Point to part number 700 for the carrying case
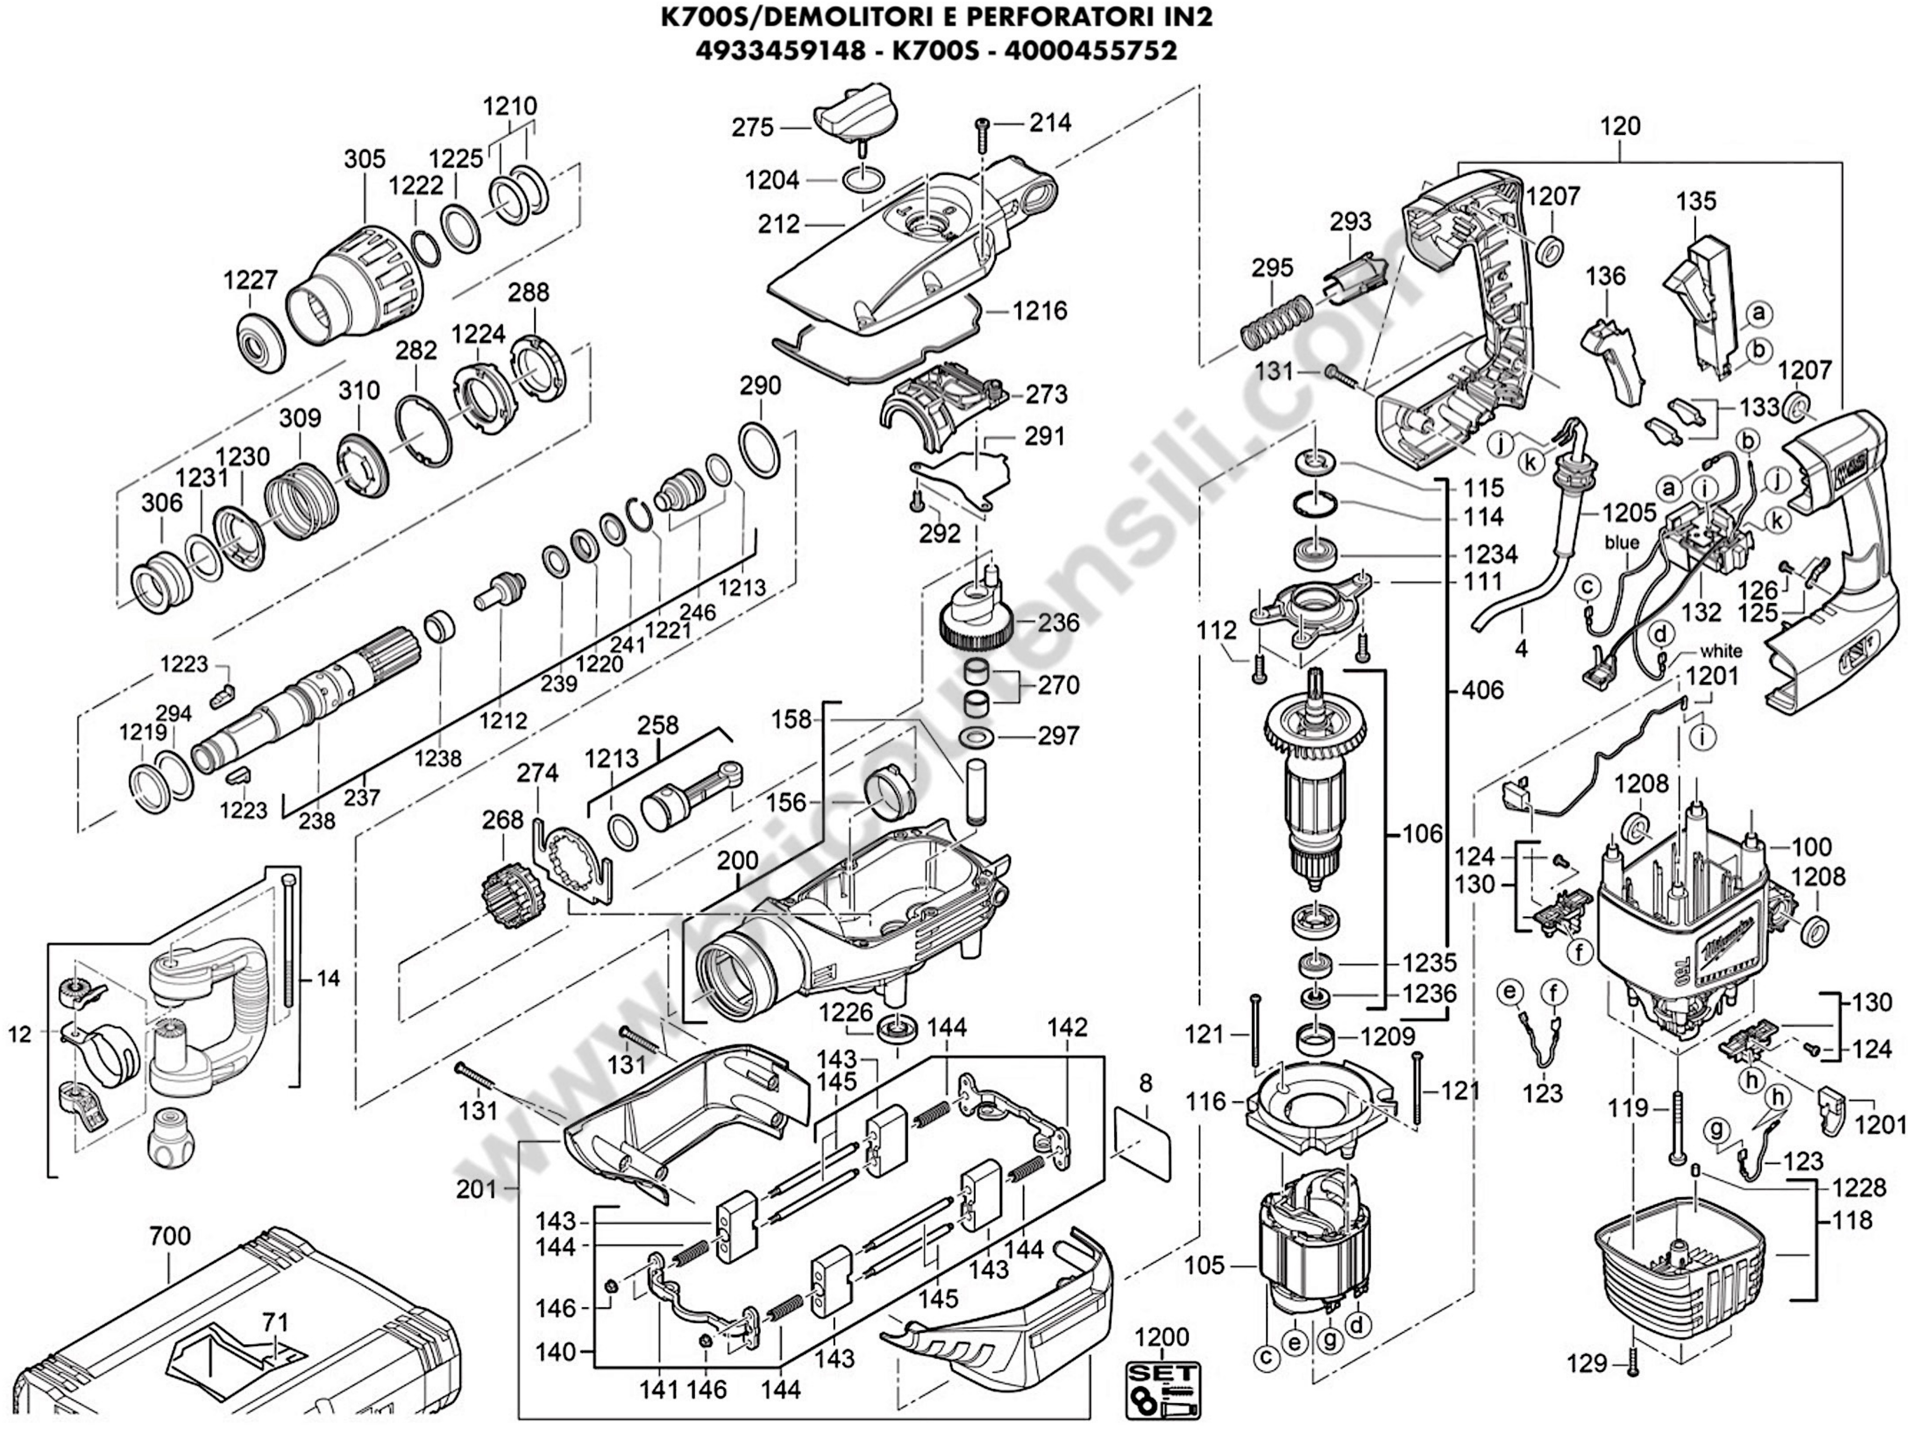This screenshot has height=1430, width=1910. pos(169,1236)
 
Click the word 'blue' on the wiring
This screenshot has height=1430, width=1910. pos(1622,543)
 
